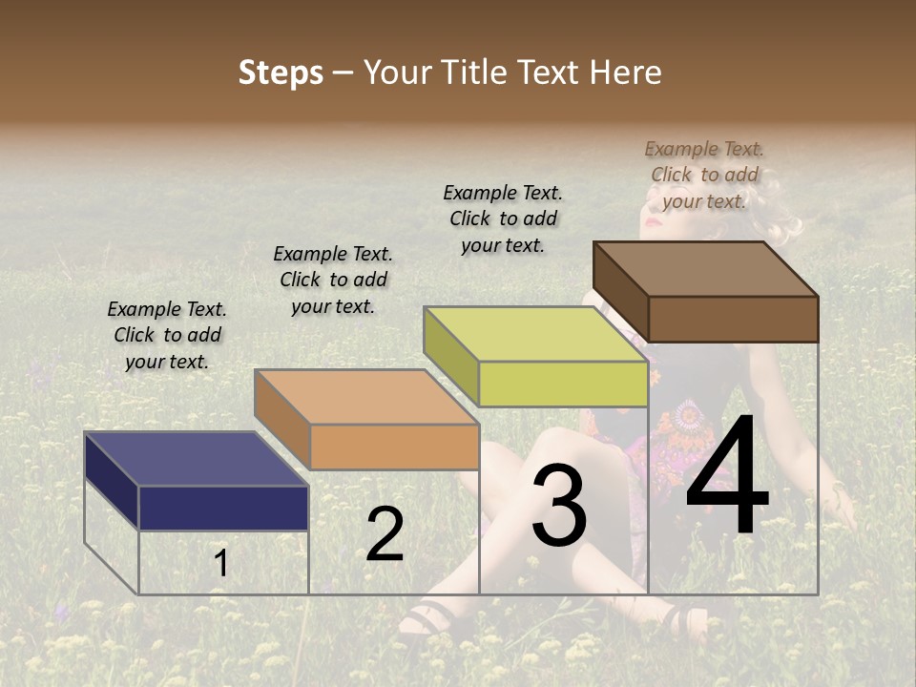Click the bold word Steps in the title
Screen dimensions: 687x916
(x=280, y=73)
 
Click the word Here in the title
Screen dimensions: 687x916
(x=624, y=73)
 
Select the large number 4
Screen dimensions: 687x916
(x=727, y=477)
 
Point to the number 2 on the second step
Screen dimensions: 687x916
(x=385, y=534)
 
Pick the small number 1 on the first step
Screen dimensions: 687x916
(x=220, y=563)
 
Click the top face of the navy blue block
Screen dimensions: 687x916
(x=196, y=459)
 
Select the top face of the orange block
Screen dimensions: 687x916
(x=365, y=397)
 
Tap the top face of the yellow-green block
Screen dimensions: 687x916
(x=535, y=334)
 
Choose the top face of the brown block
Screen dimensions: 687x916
(x=705, y=269)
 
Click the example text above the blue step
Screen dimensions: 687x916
(x=167, y=335)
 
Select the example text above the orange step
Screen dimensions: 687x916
(x=333, y=280)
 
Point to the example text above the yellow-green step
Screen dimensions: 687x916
(x=503, y=219)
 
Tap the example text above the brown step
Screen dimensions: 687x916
(x=704, y=175)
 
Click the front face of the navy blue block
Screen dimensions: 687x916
(x=223, y=508)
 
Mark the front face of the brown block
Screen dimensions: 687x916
(x=733, y=319)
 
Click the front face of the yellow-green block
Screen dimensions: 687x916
(x=563, y=384)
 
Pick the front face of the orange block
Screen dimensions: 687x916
(x=394, y=447)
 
